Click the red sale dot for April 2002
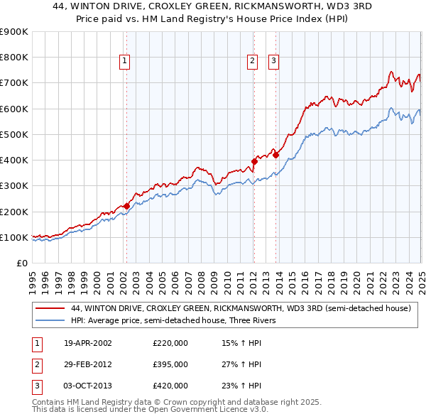(126, 206)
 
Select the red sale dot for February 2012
(254, 161)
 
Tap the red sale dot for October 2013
(276, 155)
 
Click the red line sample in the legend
(51, 309)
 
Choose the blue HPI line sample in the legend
(51, 320)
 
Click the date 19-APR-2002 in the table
(88, 343)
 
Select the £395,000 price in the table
(170, 364)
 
